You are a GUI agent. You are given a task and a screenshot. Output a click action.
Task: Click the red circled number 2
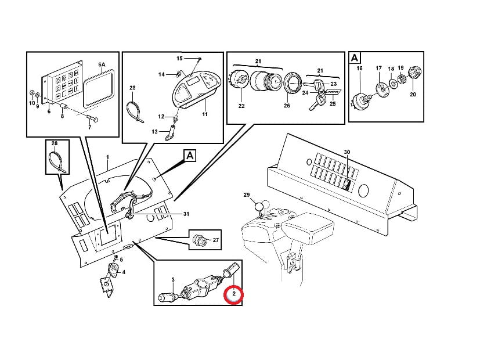tap(233, 294)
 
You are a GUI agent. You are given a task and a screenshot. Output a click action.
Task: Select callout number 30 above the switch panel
tap(347, 152)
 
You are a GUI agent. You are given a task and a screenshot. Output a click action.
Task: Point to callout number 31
tap(186, 214)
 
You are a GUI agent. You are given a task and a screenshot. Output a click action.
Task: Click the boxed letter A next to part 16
tap(355, 57)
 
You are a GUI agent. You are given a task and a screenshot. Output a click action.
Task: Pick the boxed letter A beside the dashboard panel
tap(190, 155)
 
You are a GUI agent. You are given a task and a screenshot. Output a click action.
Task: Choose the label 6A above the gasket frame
tap(102, 64)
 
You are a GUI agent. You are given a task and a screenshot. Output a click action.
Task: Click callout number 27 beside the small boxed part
tap(216, 240)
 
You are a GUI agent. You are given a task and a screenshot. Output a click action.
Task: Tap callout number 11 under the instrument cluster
tap(204, 115)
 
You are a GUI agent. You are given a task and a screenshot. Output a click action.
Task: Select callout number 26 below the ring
tap(287, 106)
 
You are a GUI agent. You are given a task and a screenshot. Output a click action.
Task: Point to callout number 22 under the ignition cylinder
tap(241, 106)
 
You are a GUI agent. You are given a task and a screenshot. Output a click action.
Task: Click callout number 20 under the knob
tap(413, 94)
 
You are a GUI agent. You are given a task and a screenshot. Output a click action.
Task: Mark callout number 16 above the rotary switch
tap(359, 69)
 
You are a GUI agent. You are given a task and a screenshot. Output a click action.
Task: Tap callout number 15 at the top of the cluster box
tap(179, 59)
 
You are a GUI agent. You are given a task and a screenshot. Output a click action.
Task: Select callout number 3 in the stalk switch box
tap(173, 280)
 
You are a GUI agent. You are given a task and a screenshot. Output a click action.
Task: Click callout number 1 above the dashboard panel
tap(107, 157)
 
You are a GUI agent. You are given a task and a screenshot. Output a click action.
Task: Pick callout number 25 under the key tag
tap(333, 105)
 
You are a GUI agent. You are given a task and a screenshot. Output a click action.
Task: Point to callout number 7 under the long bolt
tap(89, 127)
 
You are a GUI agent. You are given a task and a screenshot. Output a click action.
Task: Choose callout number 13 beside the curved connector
tap(155, 132)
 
